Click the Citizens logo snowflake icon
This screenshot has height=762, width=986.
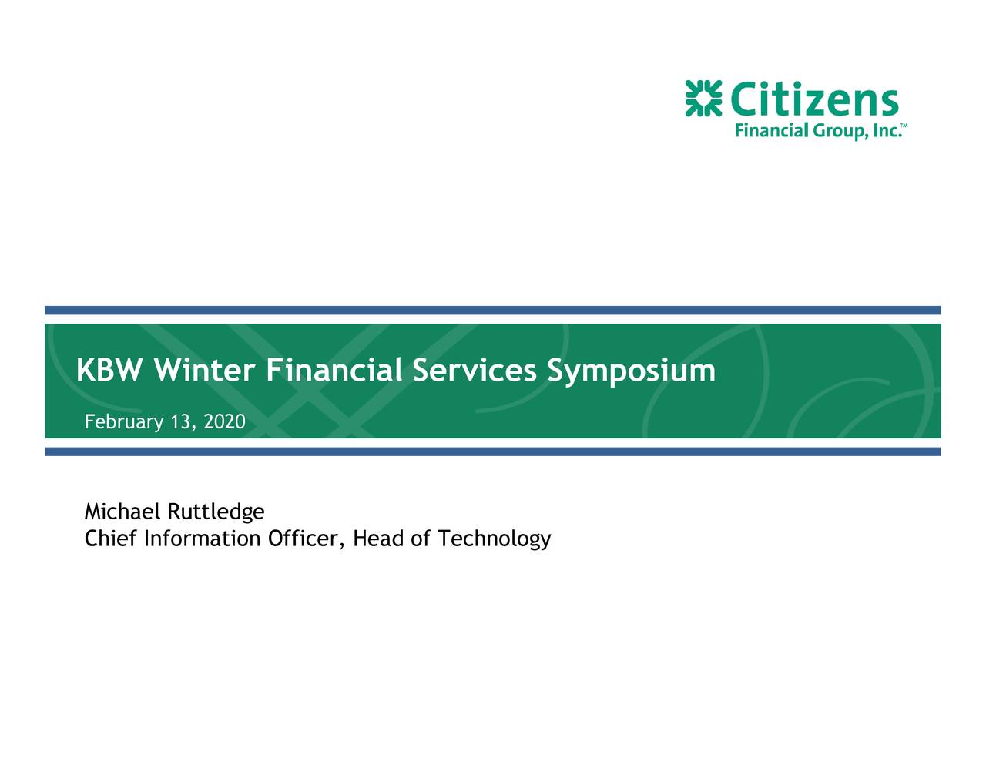703,99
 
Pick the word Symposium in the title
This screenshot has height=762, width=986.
631,371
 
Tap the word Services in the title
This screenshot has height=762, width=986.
474,371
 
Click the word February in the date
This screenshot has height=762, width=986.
123,422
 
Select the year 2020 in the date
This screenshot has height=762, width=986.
225,422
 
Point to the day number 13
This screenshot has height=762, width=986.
182,422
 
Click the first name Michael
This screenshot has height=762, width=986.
122,512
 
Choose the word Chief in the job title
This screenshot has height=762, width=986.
106,539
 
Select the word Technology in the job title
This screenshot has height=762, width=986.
494,539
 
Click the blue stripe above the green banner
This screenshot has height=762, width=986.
493,310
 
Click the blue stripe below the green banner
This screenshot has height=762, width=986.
493,451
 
